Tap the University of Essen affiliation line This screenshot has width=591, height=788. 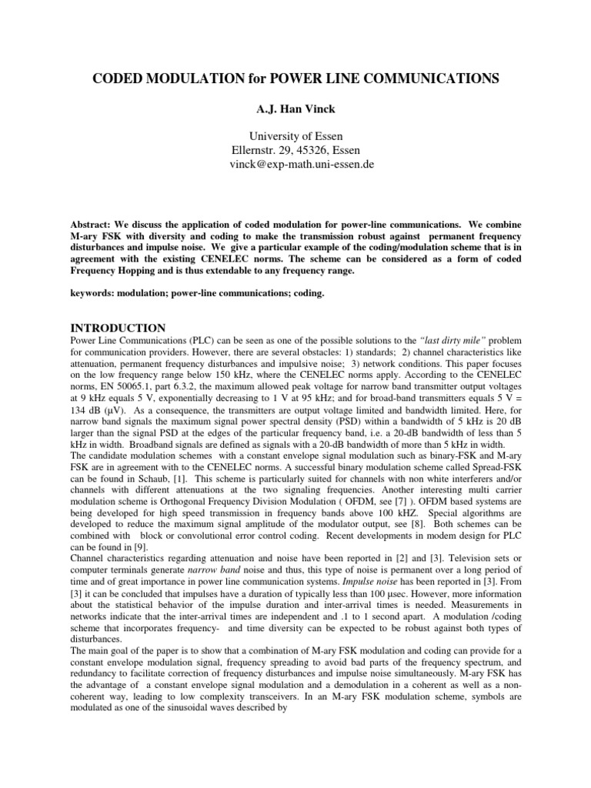coord(295,137)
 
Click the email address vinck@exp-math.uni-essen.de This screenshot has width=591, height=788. coord(295,165)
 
